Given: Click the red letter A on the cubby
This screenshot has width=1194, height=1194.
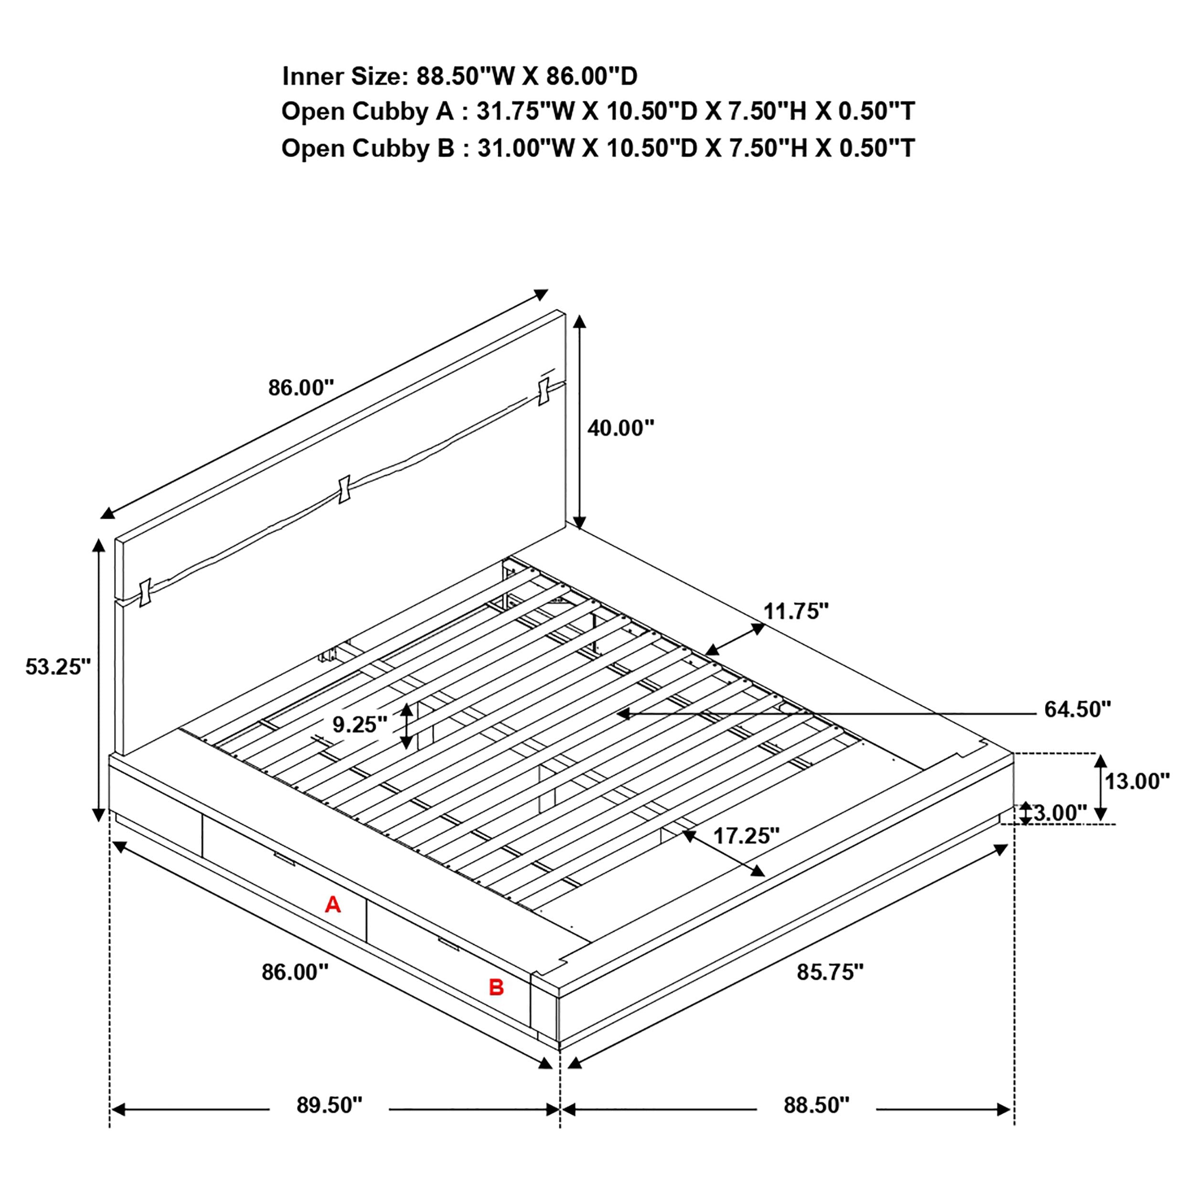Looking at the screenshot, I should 332,905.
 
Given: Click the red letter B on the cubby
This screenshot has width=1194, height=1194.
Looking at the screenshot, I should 496,988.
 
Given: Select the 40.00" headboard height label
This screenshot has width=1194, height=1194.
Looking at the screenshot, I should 620,427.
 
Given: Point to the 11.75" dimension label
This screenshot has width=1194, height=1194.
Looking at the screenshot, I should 795,611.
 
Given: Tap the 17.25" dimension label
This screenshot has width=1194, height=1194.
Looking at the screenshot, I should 746,836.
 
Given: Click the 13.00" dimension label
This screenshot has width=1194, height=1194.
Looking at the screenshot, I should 1137,781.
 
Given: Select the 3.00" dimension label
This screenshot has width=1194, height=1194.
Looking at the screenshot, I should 1059,813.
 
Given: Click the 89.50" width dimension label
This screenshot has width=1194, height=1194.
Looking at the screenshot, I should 329,1105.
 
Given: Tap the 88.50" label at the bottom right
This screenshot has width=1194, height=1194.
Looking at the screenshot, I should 816,1105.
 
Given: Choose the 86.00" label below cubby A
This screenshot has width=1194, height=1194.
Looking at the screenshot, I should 294,972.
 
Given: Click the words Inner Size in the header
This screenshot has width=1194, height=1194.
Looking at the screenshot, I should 343,76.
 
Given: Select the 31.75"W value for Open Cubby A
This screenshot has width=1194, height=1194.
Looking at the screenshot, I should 525,112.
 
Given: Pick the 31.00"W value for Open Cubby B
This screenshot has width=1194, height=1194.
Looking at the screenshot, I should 525,149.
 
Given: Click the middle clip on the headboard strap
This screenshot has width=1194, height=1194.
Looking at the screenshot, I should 344,489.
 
